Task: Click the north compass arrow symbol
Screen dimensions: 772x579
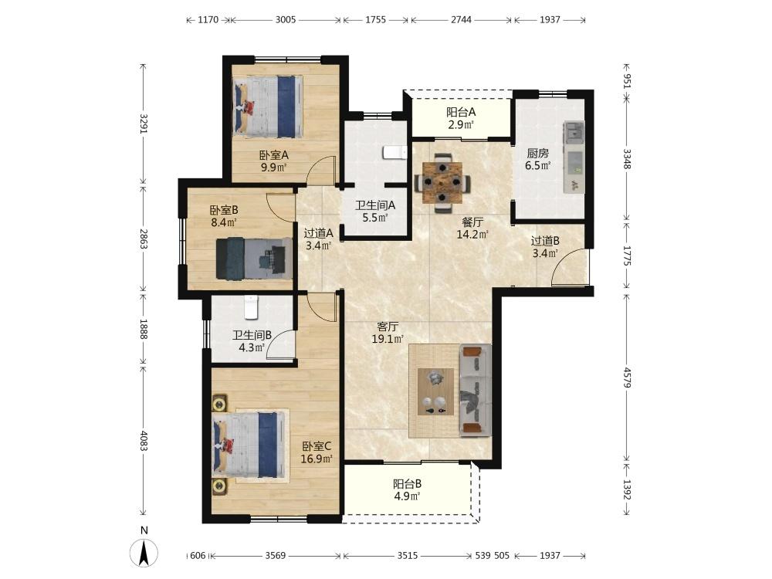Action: pos(144,553)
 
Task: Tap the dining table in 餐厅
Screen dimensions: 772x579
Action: pos(443,182)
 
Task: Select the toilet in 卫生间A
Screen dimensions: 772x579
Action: pos(394,153)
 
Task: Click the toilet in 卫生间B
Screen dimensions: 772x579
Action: pos(251,306)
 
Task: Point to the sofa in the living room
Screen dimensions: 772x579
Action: pos(475,391)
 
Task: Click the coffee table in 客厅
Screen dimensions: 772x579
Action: pos(435,391)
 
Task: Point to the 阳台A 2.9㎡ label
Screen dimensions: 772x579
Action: pos(461,118)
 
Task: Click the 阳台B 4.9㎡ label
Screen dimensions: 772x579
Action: pos(407,490)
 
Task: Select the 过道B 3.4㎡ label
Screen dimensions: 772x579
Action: pos(545,247)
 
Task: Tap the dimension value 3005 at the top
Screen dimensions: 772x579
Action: pos(286,20)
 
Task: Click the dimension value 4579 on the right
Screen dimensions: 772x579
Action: pos(627,378)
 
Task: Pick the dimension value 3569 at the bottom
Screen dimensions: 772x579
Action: pos(276,556)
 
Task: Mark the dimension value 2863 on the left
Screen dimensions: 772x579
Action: pos(143,239)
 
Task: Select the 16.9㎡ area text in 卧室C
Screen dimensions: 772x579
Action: pos(317,459)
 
